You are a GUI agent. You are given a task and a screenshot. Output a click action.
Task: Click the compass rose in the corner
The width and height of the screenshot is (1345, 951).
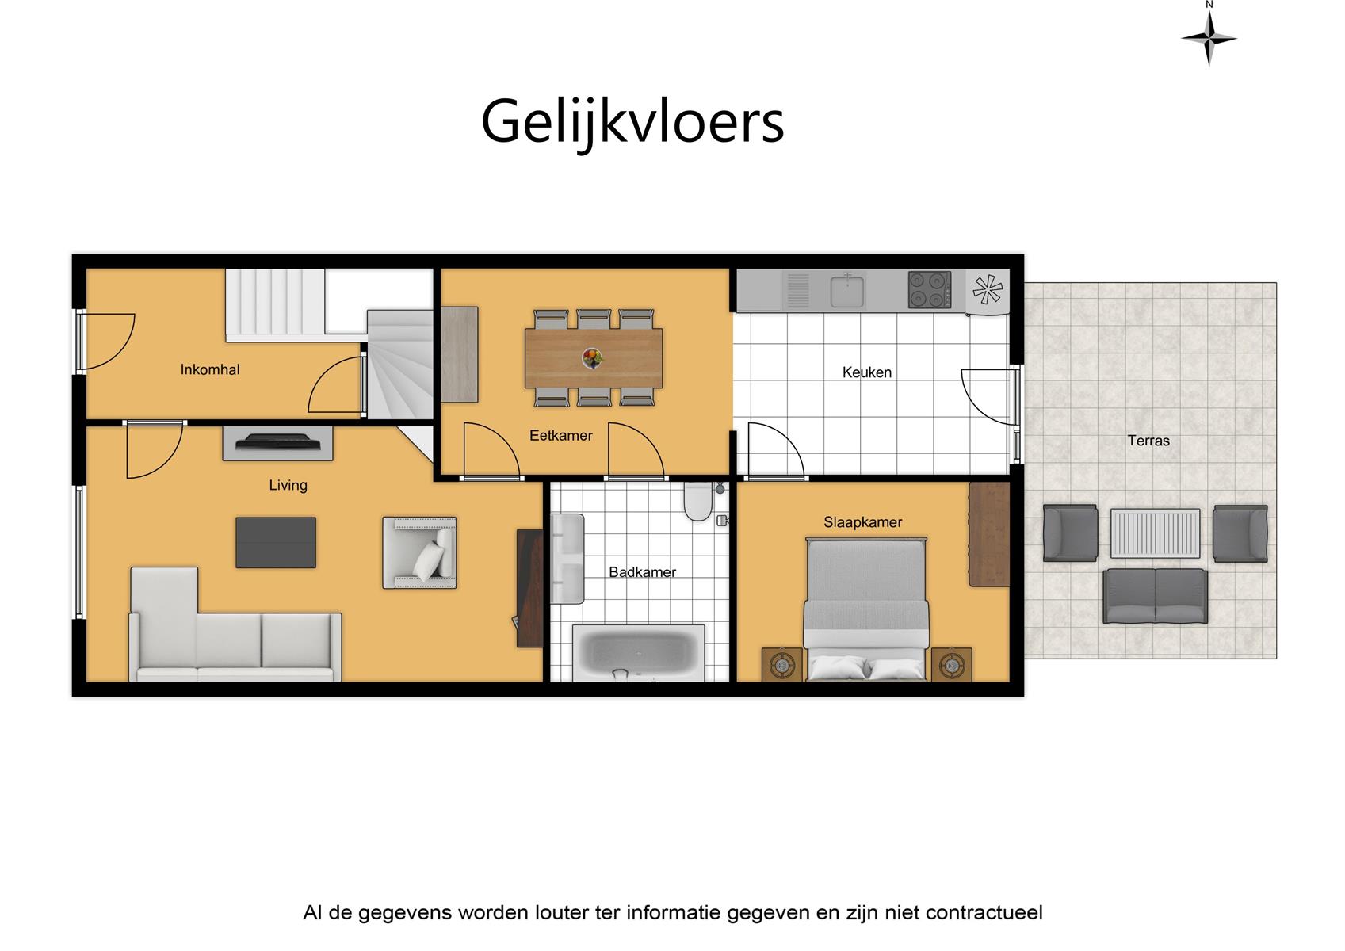pyautogui.click(x=1209, y=38)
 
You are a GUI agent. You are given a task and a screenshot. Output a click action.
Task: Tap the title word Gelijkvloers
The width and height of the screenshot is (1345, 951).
pyautogui.click(x=632, y=123)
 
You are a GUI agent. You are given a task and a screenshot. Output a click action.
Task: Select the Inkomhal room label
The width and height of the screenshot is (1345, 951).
pyautogui.click(x=209, y=369)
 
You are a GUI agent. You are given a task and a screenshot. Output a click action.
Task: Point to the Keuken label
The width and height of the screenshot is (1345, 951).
pyautogui.click(x=866, y=372)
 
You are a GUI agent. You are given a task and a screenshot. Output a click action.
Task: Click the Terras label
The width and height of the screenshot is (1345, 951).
pyautogui.click(x=1148, y=441)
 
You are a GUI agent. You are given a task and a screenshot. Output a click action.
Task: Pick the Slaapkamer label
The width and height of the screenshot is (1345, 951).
pyautogui.click(x=862, y=522)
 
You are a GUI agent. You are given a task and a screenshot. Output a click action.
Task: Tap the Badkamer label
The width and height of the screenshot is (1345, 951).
pyautogui.click(x=642, y=572)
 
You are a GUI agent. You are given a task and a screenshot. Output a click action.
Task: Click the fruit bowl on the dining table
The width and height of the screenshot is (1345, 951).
pyautogui.click(x=592, y=358)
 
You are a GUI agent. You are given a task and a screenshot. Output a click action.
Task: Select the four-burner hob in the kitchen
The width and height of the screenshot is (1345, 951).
pyautogui.click(x=930, y=290)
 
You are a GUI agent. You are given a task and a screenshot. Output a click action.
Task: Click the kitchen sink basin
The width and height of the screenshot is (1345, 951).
pyautogui.click(x=847, y=292)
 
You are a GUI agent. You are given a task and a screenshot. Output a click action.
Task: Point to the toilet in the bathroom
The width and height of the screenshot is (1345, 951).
pyautogui.click(x=697, y=502)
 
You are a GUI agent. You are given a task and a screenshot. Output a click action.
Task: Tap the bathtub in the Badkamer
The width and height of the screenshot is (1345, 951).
pyautogui.click(x=638, y=653)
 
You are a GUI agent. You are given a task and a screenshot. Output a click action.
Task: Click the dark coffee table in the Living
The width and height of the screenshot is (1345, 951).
pyautogui.click(x=276, y=543)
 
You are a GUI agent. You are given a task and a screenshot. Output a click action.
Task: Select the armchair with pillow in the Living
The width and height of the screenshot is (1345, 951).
pyautogui.click(x=420, y=552)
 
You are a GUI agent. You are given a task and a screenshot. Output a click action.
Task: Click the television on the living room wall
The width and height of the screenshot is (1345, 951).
pyautogui.click(x=278, y=442)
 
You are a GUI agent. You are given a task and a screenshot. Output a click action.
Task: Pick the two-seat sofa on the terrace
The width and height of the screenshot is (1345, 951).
pyautogui.click(x=1155, y=596)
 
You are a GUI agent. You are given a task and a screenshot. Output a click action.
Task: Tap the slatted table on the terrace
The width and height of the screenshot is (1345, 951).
pyautogui.click(x=1156, y=533)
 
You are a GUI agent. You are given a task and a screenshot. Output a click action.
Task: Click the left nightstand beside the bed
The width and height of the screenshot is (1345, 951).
pyautogui.click(x=781, y=665)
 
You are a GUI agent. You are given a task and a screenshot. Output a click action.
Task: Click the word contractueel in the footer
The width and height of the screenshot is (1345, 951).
pyautogui.click(x=984, y=913)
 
